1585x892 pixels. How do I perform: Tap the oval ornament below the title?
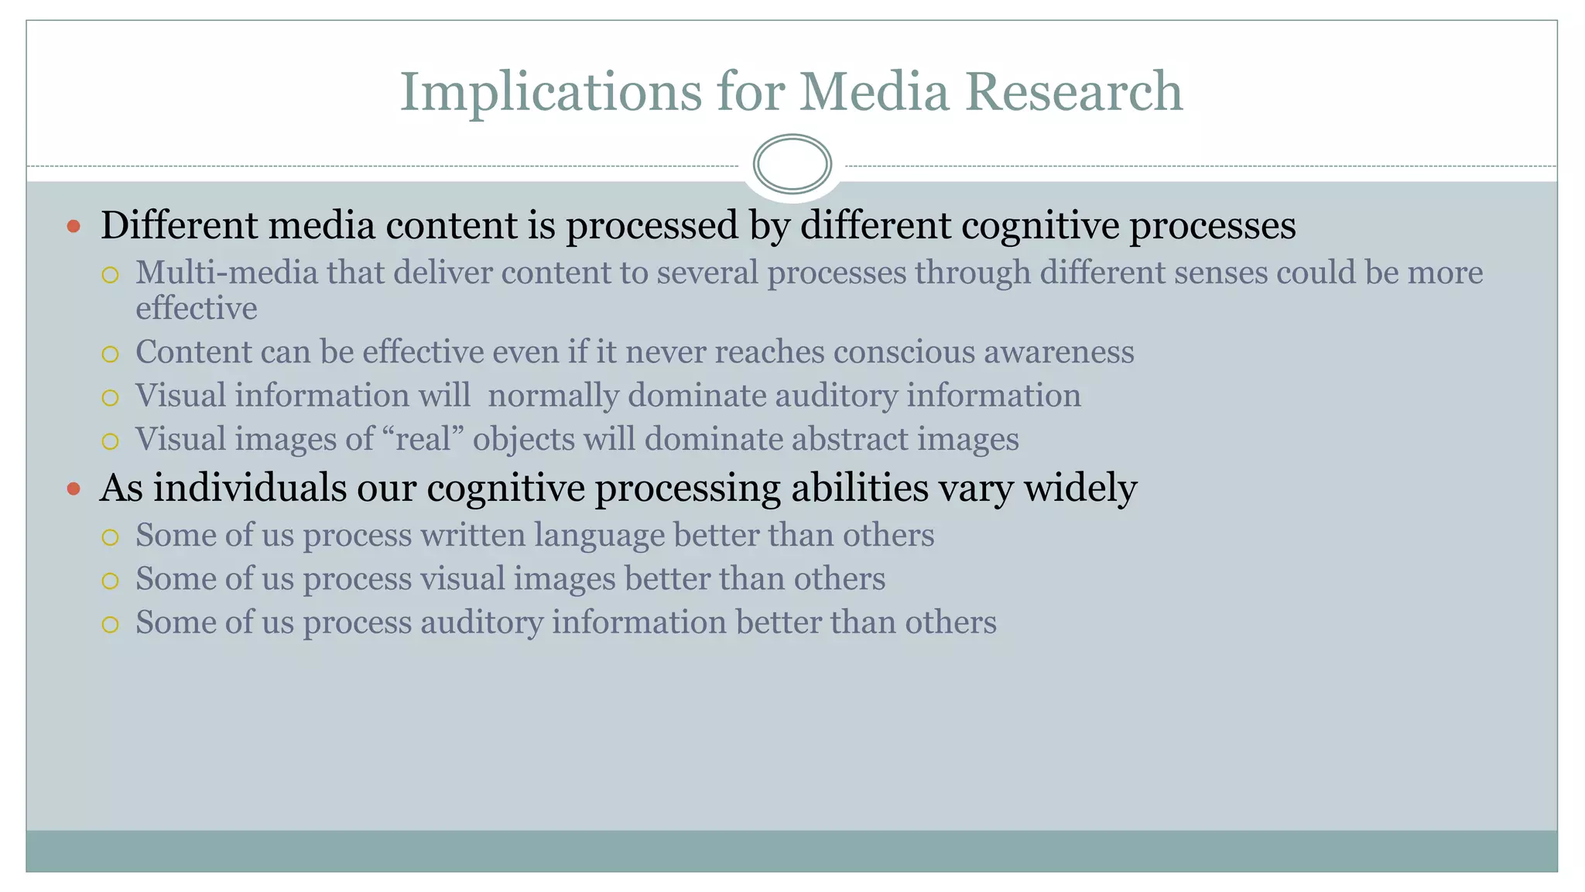pos(792,164)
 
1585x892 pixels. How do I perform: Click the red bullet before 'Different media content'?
pos(74,227)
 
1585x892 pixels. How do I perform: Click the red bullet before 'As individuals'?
pos(74,489)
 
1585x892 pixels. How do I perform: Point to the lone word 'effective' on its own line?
pos(197,308)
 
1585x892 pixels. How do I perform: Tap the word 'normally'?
pos(553,396)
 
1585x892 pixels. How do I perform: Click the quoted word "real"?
pos(423,439)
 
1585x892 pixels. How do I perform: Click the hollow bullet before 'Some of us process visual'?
pos(110,581)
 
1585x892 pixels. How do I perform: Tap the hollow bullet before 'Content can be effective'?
pos(110,354)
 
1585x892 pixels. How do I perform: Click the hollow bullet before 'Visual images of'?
pos(110,441)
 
